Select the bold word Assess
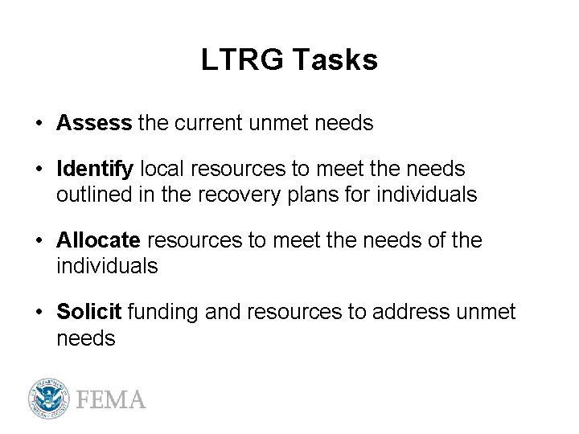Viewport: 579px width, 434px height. coord(94,123)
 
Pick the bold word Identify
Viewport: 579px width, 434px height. coord(95,170)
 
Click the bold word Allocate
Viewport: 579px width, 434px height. coord(99,240)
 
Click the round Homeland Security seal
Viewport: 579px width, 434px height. coord(49,399)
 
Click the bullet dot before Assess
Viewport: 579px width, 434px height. coord(39,124)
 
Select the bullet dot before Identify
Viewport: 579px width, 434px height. coord(39,170)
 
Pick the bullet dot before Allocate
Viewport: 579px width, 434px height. coord(39,241)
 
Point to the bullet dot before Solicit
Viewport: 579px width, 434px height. coord(39,313)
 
